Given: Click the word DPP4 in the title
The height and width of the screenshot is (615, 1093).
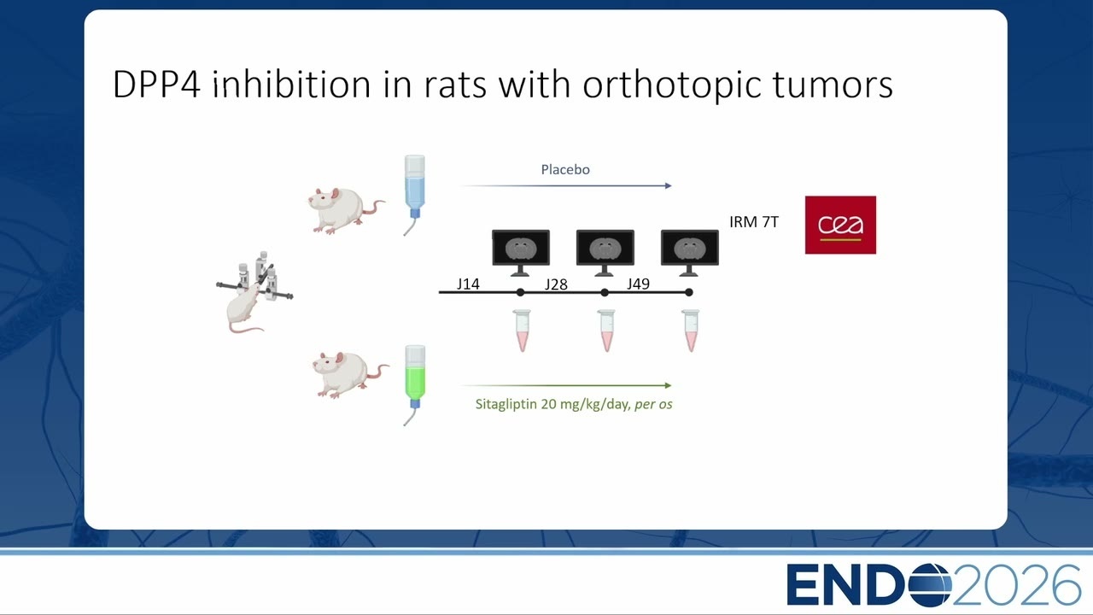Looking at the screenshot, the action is [x=156, y=85].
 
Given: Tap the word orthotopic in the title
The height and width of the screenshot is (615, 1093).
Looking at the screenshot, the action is [x=672, y=86].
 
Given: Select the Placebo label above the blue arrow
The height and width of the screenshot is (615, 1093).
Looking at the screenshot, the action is [x=565, y=169].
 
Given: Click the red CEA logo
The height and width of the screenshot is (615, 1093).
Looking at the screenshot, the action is [x=840, y=225].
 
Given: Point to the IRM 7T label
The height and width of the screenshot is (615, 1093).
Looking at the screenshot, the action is [x=754, y=222].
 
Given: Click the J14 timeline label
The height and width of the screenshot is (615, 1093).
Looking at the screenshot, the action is [x=468, y=284].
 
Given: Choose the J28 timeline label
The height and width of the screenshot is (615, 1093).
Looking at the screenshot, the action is [x=556, y=284].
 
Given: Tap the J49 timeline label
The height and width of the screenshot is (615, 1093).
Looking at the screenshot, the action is [x=638, y=284].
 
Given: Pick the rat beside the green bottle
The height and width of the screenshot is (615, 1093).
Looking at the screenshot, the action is [x=350, y=375].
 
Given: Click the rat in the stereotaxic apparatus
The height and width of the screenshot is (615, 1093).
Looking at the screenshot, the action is [x=244, y=307].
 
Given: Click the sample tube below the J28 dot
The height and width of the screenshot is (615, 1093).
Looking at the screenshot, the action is [x=606, y=331].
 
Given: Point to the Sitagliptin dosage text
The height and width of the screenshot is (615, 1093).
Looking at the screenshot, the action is [x=574, y=404].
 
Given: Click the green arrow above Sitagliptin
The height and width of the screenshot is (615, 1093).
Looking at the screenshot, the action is [x=566, y=385].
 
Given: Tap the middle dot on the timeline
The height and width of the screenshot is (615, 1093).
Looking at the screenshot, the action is [x=605, y=292].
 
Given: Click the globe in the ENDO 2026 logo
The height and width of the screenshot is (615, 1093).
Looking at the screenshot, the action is [x=930, y=585].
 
